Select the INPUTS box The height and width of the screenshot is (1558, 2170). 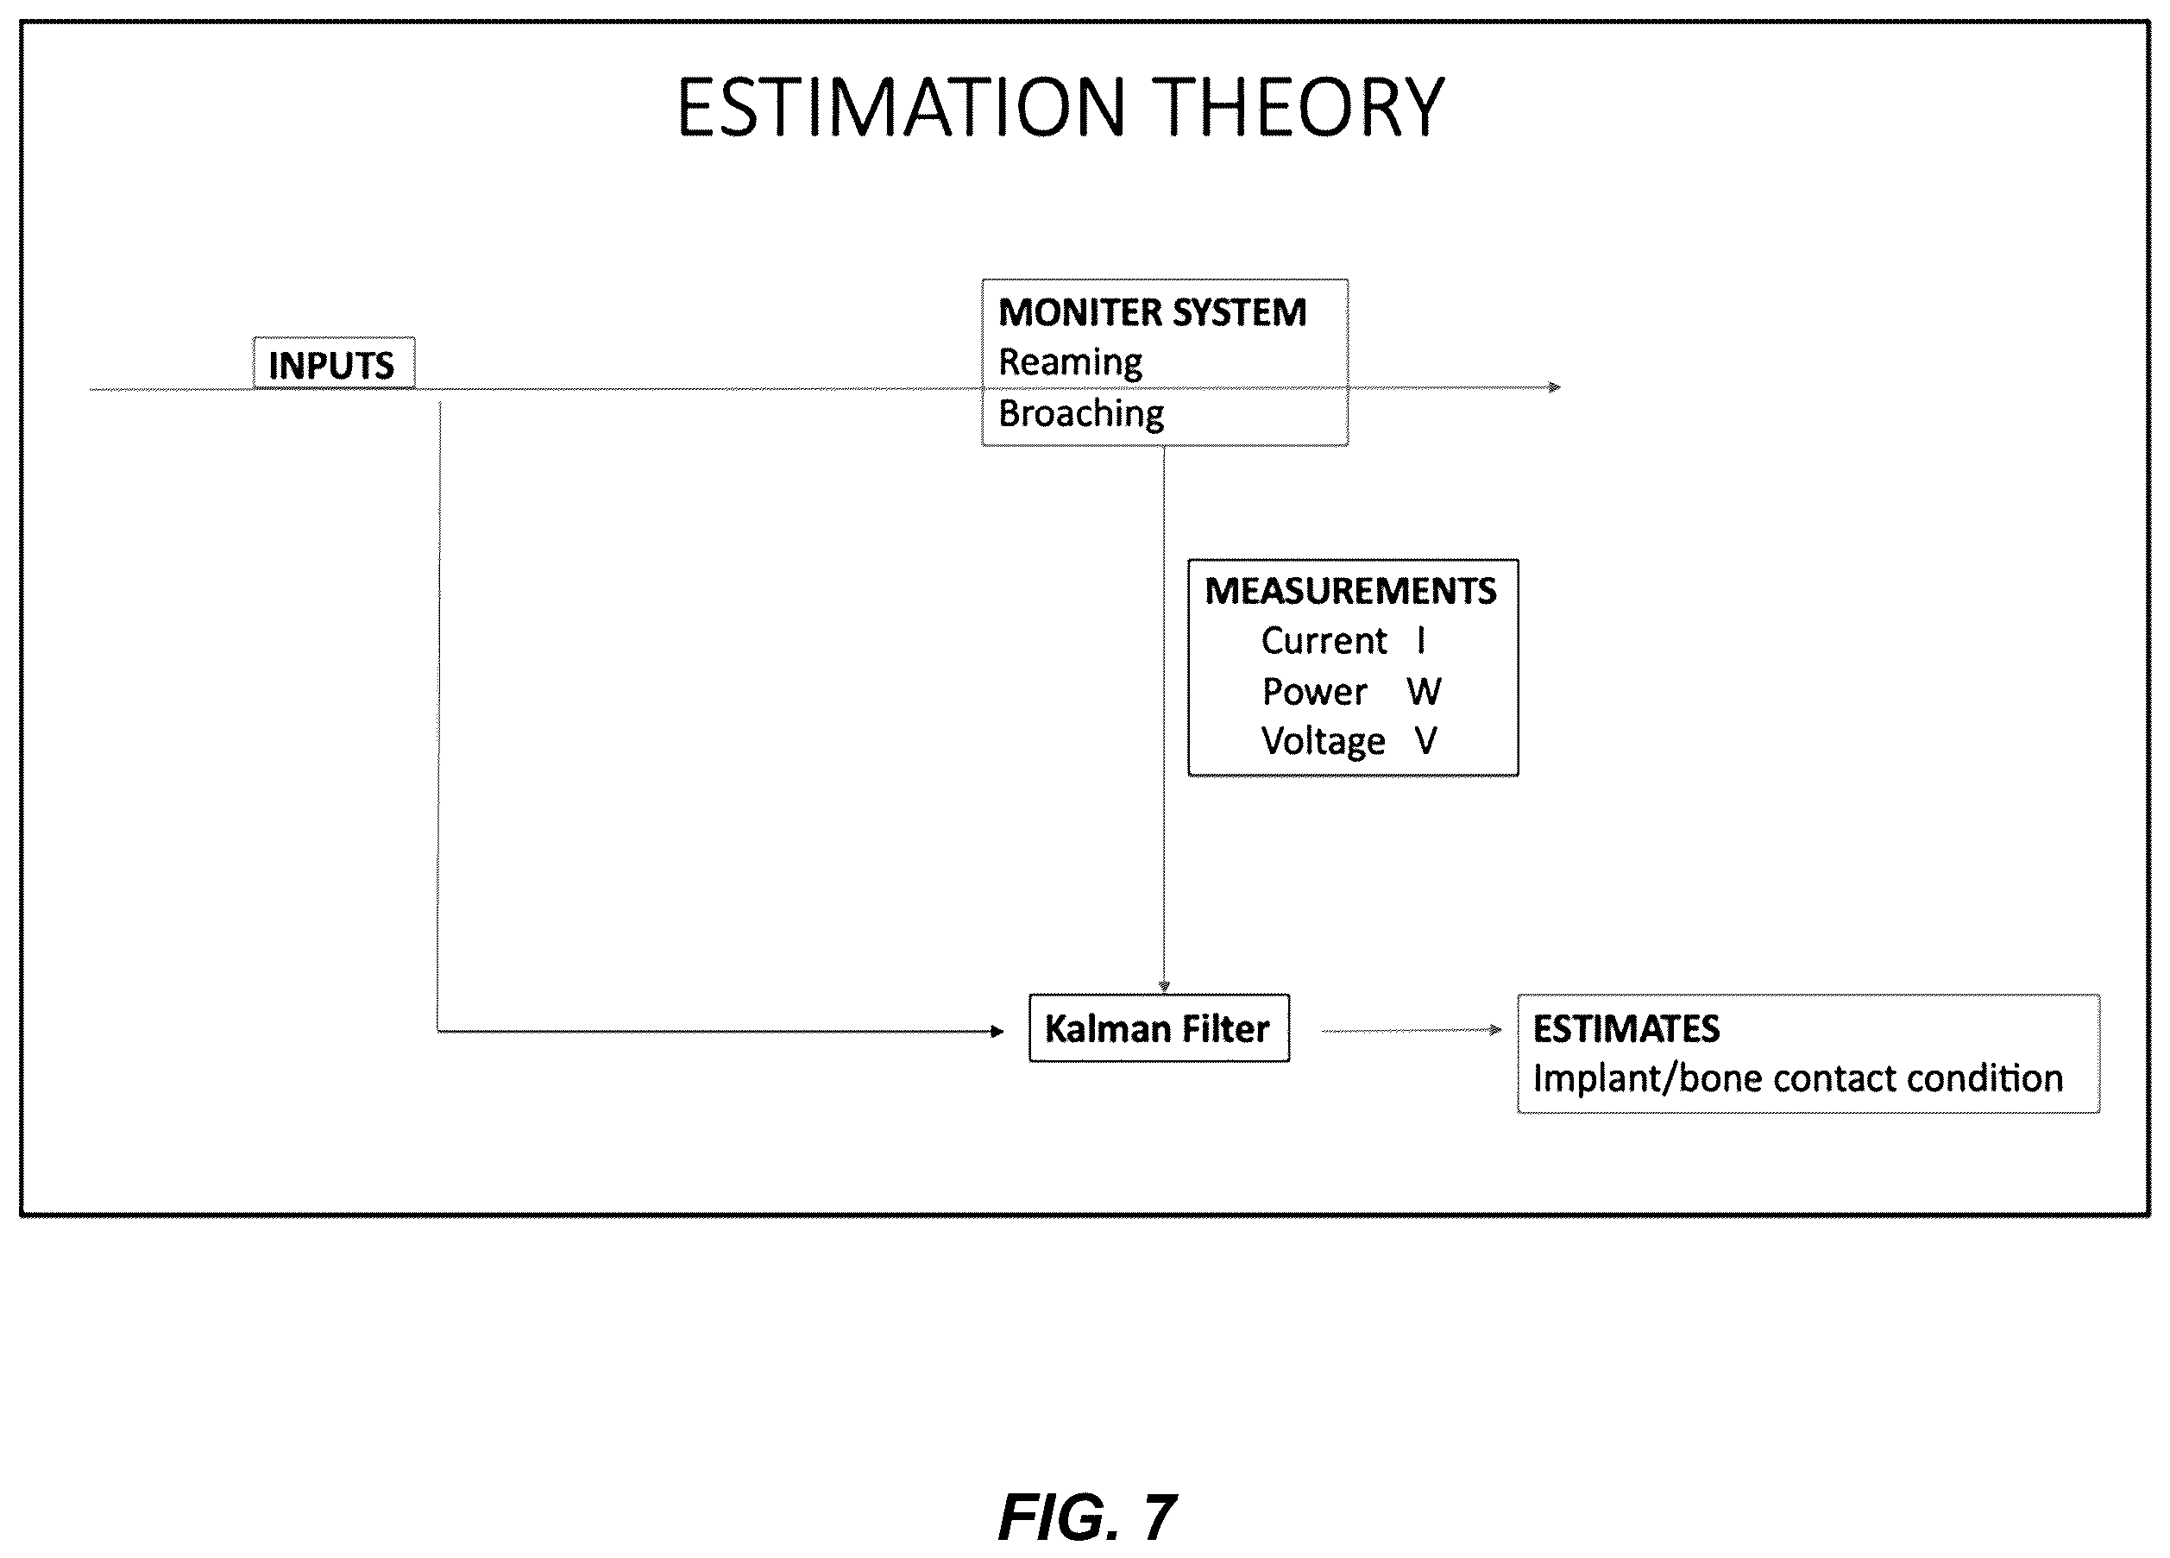[333, 363]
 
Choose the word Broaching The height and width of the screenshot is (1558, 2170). [1081, 414]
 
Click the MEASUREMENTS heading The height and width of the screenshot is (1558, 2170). [1350, 591]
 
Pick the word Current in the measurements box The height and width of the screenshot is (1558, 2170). [1324, 641]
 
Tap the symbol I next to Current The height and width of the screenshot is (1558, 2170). [1421, 641]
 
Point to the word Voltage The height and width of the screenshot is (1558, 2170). [1323, 742]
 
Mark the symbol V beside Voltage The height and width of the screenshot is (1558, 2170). [1425, 741]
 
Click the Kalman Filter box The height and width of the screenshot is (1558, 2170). [1159, 1028]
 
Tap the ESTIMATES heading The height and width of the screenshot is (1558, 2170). [1626, 1029]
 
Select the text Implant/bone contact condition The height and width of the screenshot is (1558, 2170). [1797, 1079]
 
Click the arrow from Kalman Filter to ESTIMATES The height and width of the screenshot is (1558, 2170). [1412, 1030]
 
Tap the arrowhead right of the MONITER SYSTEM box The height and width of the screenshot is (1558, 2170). [1555, 387]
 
